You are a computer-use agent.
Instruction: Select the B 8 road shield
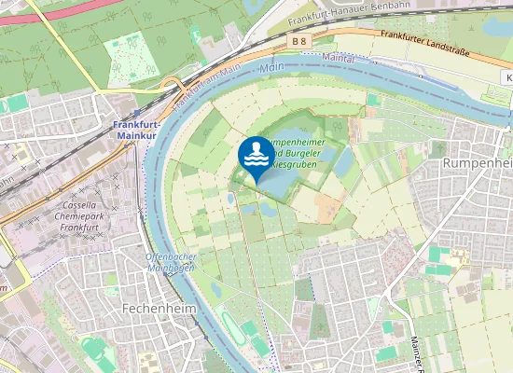click(298, 42)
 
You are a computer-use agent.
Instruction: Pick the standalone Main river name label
click(271, 68)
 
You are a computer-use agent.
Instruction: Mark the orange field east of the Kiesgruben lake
click(327, 208)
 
